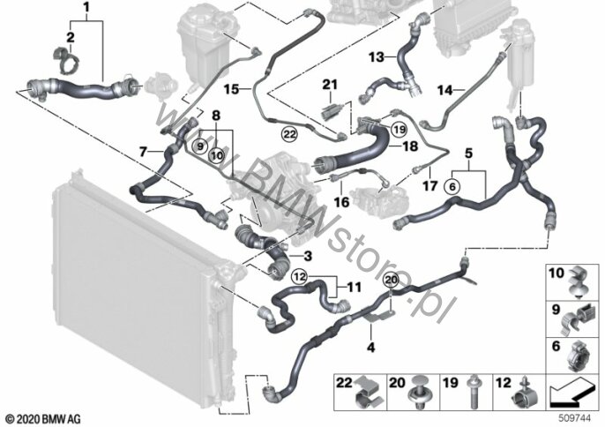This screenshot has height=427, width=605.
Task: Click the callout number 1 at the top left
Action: pos(86,7)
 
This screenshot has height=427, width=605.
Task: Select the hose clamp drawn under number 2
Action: pos(65,60)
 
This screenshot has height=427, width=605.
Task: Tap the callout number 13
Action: pos(377,57)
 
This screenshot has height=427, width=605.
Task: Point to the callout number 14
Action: pos(444,90)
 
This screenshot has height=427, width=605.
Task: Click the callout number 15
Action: pos(231,90)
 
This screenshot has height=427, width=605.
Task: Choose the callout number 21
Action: pos(330,85)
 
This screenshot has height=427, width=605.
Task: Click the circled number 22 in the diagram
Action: pos(290,134)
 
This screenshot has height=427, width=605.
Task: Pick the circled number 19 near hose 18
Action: pos(400,130)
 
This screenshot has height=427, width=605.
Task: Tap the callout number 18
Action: pos(410,146)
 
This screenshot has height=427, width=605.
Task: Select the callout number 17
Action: pos(430,185)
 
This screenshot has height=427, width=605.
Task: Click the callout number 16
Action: pos(341,201)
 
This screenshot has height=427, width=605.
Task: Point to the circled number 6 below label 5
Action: pos(452,187)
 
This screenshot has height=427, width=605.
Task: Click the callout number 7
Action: pos(143,152)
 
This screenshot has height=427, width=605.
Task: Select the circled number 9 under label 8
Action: pos(200,146)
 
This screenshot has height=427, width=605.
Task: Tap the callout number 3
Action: pos(308,256)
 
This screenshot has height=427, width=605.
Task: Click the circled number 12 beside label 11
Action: pos(300,276)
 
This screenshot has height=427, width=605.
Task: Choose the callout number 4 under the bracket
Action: pos(370,348)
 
